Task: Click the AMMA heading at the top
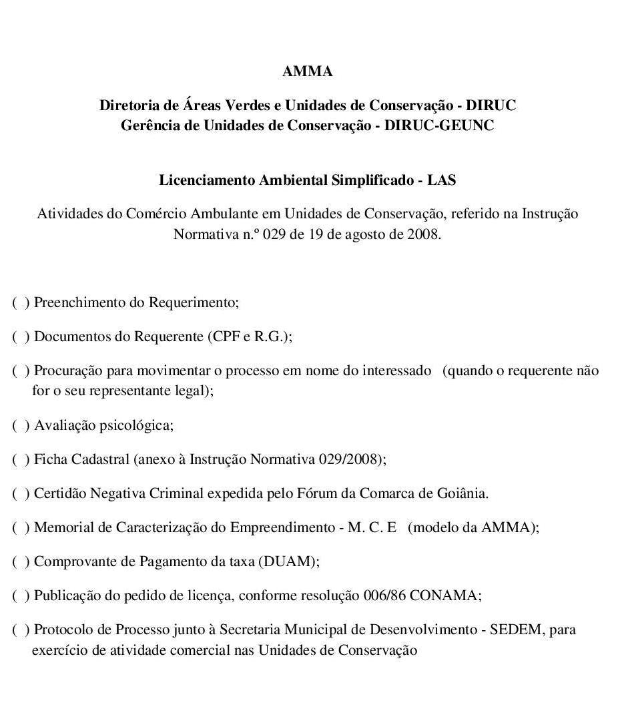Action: (307, 71)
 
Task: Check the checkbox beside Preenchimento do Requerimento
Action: (20, 302)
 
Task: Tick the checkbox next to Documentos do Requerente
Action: (20, 336)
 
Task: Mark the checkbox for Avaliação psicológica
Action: (20, 425)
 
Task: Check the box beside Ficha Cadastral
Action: (20, 459)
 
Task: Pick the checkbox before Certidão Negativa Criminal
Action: (20, 493)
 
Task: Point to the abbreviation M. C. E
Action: (372, 527)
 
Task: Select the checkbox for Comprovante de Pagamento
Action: (20, 561)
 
